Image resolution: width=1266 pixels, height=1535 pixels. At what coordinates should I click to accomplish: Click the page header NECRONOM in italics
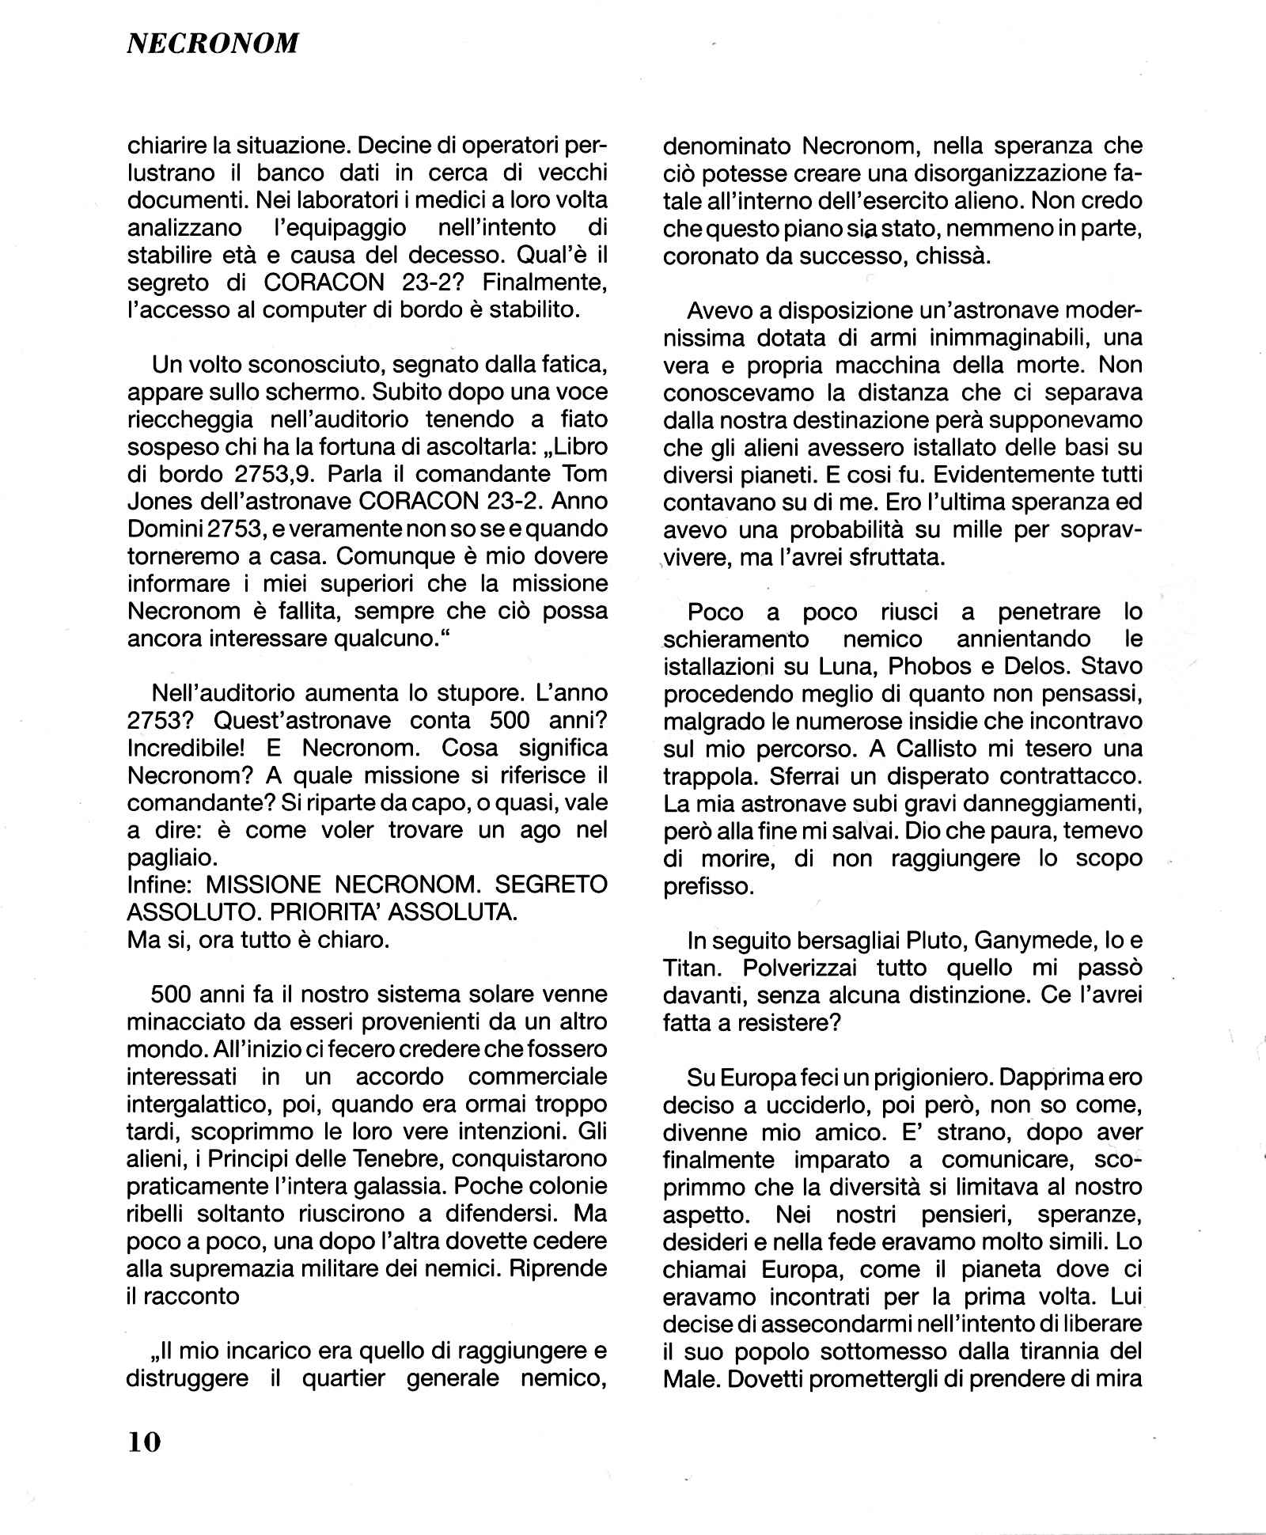213,44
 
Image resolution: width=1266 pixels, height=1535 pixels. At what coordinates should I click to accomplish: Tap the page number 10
144,1442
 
